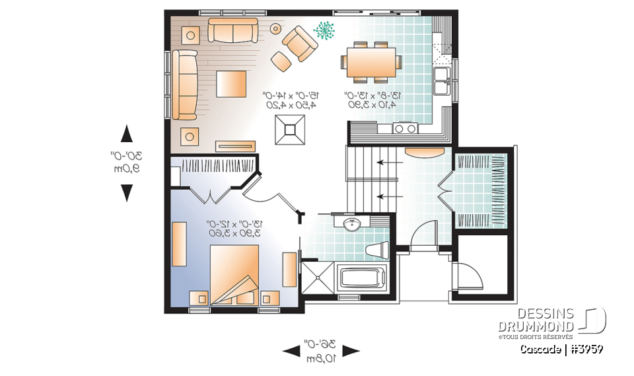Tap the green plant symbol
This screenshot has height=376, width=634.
coord(324,30)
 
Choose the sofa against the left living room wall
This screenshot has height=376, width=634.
coord(186,85)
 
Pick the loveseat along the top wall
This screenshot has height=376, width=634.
coord(233,30)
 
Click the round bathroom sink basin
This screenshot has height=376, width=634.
coord(352,224)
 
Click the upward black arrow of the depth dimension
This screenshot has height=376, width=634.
coord(127,135)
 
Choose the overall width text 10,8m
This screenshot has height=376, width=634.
coord(322,358)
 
